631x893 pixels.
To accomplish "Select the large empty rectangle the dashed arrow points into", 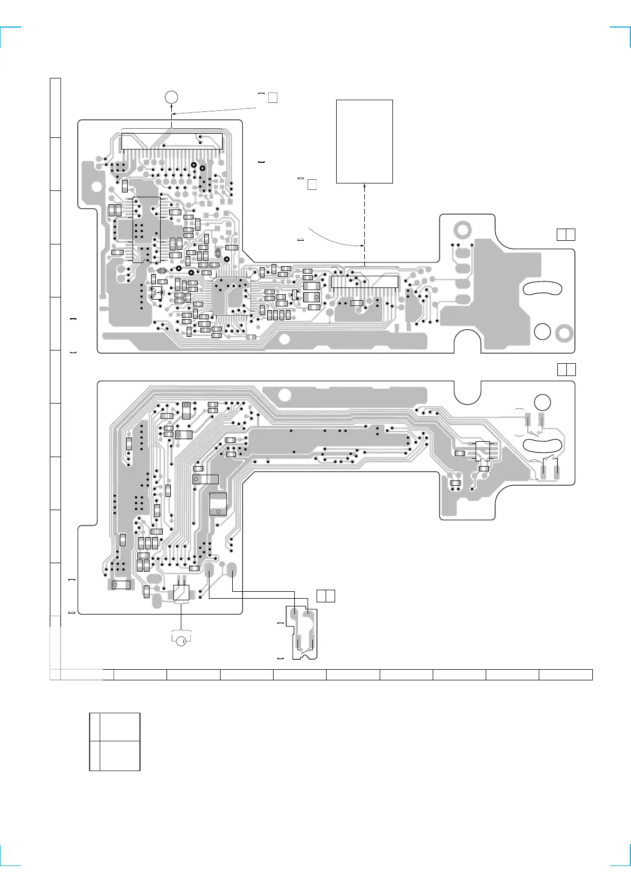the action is (364, 141).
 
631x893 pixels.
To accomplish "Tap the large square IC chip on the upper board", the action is (231, 296).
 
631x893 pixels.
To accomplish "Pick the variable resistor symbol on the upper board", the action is (156, 292).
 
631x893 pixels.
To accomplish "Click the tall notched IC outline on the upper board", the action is (146, 229).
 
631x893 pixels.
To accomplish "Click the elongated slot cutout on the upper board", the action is (542, 288).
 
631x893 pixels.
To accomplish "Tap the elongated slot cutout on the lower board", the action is (542, 444).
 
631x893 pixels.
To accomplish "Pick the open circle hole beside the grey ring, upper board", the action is (542, 331).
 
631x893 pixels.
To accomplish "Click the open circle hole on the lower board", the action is (542, 402).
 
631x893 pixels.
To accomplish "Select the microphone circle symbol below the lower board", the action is (181, 641).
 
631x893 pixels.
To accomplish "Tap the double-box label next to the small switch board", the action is (326, 596).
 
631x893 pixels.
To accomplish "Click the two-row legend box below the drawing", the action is (115, 741).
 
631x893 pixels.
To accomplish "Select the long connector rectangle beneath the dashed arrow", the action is (364, 282).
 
